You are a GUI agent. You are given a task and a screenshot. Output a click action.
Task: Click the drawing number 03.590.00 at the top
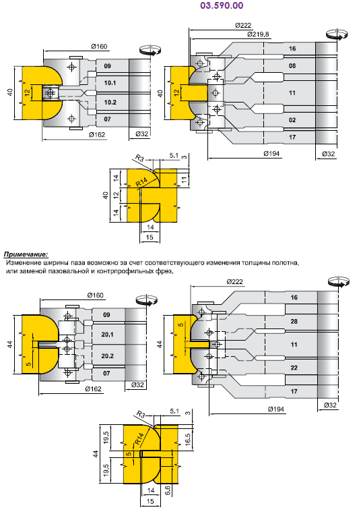coord(222,5)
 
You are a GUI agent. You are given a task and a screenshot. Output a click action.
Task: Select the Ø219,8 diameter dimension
coord(258,34)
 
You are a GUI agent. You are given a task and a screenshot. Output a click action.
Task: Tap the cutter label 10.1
coord(110,83)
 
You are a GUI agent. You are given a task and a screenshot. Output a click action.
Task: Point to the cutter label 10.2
coord(110,103)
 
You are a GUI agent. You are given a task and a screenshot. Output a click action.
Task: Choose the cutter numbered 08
coord(292,66)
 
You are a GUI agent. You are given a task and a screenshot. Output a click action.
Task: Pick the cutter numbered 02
coord(292,120)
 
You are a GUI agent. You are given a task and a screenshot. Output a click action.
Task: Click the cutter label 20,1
coord(107,335)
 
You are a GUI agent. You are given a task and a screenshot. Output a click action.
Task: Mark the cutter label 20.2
coord(107,356)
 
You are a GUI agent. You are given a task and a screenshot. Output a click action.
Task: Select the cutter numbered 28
coord(294,322)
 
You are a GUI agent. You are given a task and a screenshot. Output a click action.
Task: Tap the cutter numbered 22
coord(294,368)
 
